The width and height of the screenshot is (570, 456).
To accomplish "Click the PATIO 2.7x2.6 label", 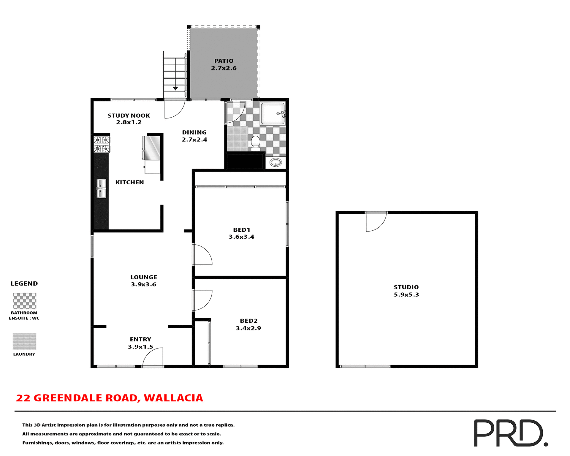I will tap(224, 64).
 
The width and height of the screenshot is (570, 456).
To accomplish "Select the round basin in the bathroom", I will tap(275, 163).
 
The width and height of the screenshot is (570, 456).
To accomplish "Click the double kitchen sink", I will tap(101, 189).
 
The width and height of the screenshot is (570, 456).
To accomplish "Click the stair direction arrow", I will tap(175, 88).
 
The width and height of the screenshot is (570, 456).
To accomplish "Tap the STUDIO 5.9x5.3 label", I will tap(406, 291).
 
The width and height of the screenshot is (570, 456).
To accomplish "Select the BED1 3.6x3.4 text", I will tap(241, 233).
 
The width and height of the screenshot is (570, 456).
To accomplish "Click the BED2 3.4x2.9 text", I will tap(248, 324).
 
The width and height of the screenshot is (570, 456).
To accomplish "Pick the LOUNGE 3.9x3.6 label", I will tap(144, 281).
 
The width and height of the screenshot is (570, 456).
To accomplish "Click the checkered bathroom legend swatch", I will tap(25, 301).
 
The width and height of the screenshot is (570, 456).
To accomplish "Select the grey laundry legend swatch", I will tap(25, 341).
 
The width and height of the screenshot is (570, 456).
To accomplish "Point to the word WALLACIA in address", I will tap(173, 398).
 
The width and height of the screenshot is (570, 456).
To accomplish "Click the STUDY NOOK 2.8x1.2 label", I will tap(129, 119).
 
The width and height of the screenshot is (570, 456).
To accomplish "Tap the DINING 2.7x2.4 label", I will tap(194, 136).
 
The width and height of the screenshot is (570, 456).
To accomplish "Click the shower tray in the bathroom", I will tap(272, 114).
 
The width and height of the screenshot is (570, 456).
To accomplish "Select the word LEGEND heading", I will tap(24, 284).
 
